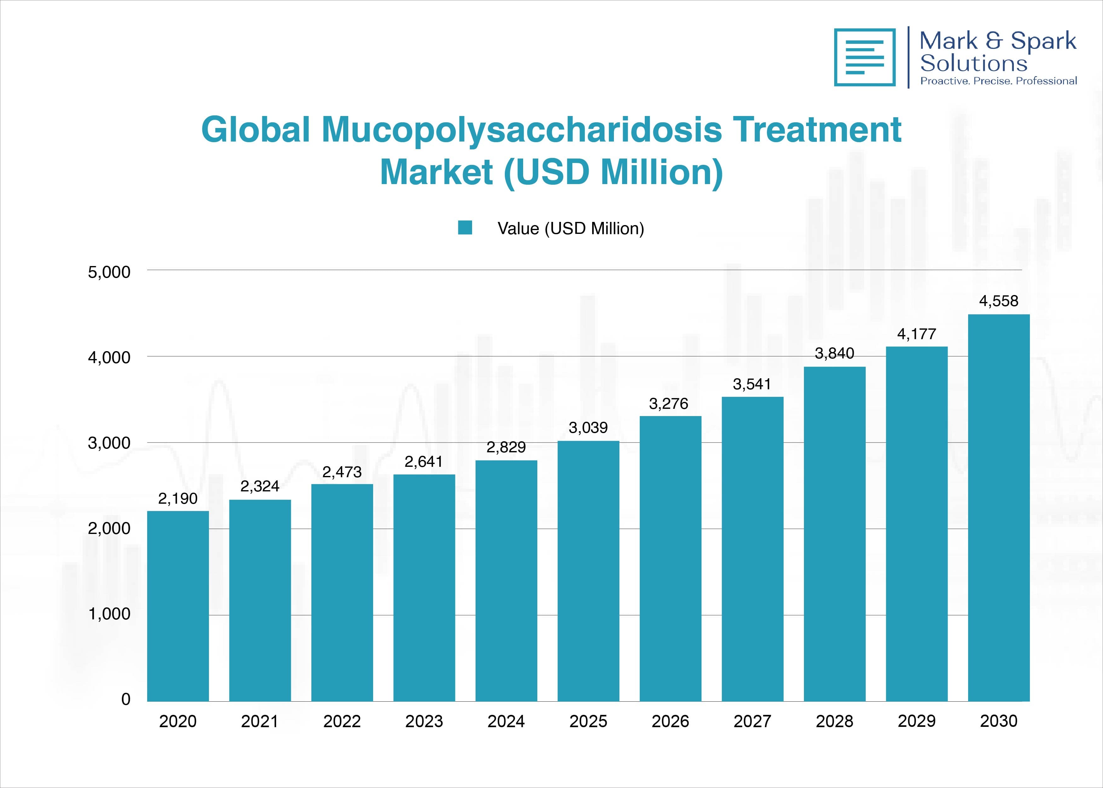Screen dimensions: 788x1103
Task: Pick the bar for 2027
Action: tap(752, 549)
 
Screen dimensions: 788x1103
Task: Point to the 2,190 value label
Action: tap(178, 498)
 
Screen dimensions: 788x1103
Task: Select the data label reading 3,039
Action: tap(588, 427)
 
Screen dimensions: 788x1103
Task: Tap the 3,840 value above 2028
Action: tap(834, 353)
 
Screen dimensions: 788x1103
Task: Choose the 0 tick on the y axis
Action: tap(126, 699)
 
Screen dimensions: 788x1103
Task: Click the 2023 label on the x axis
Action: tap(424, 721)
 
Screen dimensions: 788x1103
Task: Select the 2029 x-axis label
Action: tap(916, 721)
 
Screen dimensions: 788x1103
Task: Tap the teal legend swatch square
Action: tap(465, 228)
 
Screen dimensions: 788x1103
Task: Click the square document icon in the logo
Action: tap(864, 57)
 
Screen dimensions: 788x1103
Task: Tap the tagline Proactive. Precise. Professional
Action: tap(998, 81)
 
